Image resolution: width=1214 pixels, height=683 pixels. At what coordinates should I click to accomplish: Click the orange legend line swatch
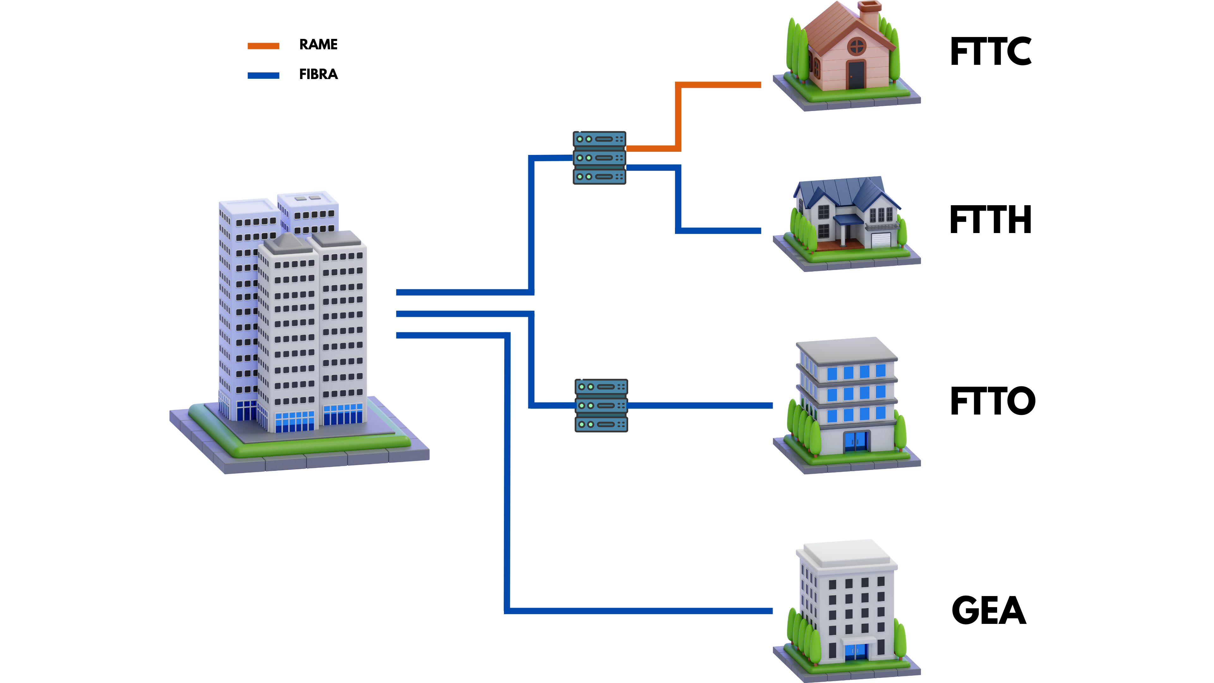point(263,46)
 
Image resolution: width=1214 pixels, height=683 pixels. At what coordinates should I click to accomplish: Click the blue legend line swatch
point(263,76)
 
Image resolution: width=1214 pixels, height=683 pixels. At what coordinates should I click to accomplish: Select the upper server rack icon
point(599,157)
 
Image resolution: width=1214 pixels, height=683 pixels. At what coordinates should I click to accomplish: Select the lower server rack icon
point(601,405)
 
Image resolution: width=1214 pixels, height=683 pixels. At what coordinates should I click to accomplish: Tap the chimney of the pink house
point(869,14)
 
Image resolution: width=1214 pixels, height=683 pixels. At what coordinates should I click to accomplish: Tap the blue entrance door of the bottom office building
point(856,651)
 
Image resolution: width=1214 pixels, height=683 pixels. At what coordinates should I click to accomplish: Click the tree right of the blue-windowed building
point(900,431)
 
